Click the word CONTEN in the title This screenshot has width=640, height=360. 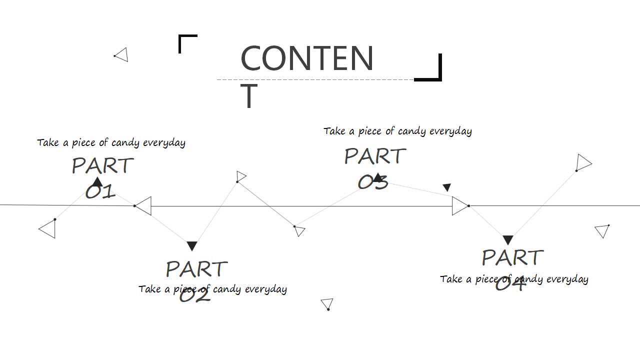(x=307, y=58)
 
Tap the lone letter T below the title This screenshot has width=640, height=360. (x=249, y=95)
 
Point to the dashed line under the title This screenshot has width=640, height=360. (x=315, y=79)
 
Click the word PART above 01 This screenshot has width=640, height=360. (x=102, y=165)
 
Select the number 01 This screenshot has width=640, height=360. (x=100, y=191)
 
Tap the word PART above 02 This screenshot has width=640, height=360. (x=196, y=268)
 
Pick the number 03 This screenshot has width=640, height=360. (x=373, y=182)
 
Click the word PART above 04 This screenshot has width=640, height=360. (x=512, y=257)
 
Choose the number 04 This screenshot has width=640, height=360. (x=510, y=283)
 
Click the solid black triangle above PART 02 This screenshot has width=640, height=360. (x=192, y=246)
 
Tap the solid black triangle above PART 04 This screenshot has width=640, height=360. (x=507, y=240)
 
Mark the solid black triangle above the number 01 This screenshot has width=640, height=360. (x=97, y=181)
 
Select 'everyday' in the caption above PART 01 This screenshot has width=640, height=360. (x=164, y=143)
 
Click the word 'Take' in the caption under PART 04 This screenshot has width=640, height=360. (x=450, y=279)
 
